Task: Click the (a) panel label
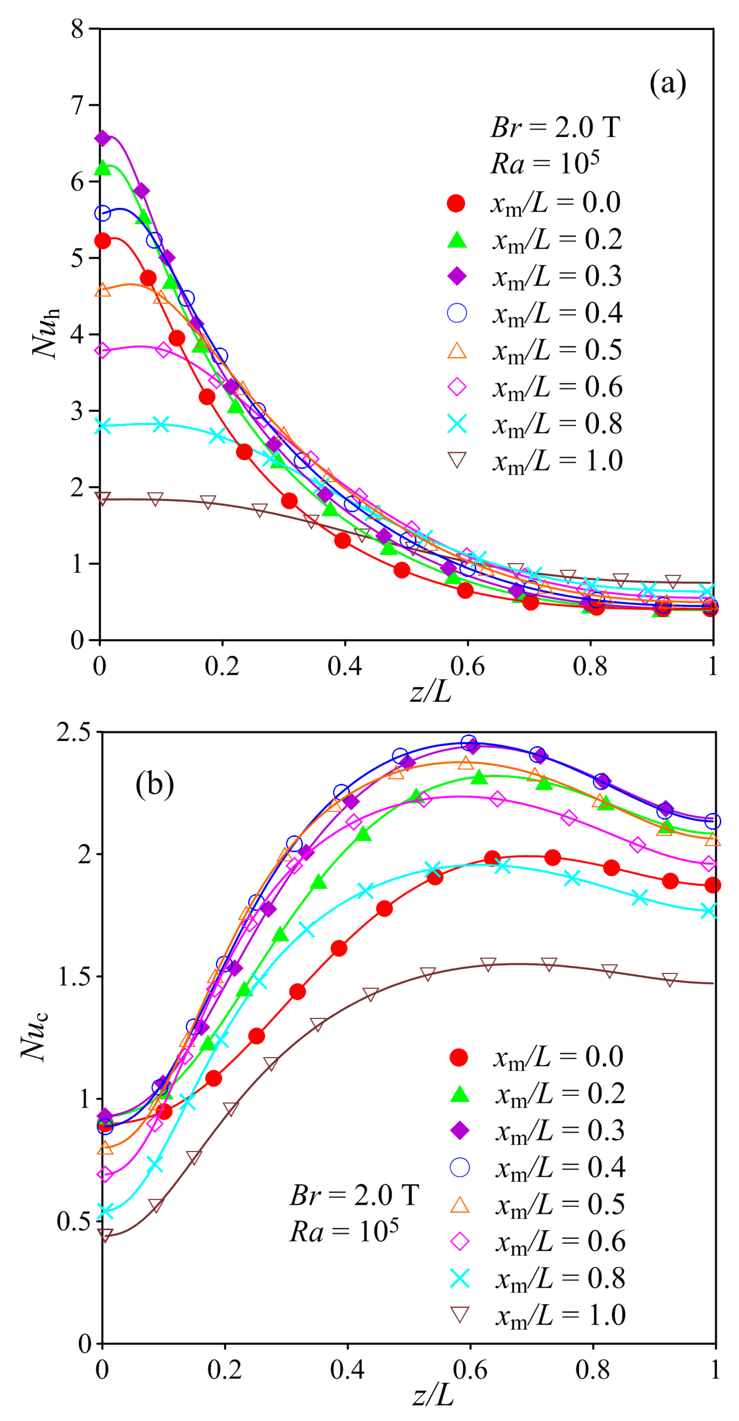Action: click(x=667, y=84)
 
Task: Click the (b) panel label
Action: click(x=154, y=784)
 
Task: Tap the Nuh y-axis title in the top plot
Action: click(x=45, y=333)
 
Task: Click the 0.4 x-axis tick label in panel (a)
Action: click(x=344, y=666)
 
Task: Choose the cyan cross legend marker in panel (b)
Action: click(x=460, y=1278)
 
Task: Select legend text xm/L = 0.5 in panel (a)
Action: click(x=557, y=350)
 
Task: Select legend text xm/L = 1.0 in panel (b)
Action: click(x=560, y=1315)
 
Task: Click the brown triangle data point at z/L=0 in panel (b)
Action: click(x=105, y=1235)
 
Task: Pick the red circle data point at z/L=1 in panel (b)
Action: click(x=713, y=885)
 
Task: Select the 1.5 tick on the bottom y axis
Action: click(x=74, y=977)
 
